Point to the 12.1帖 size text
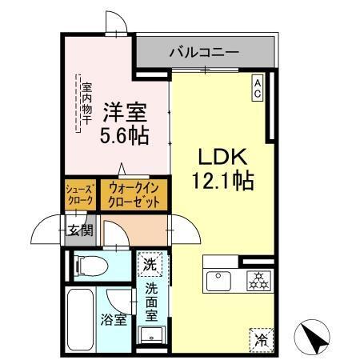click(222, 182)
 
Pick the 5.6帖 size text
click(125, 136)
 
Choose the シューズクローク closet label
click(80, 194)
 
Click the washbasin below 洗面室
click(150, 335)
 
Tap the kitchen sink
click(218, 280)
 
